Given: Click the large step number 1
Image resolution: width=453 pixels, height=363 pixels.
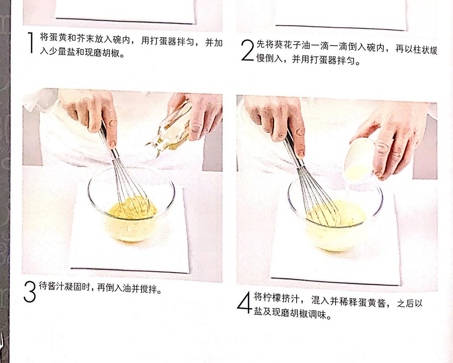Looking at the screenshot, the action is (x=30, y=42).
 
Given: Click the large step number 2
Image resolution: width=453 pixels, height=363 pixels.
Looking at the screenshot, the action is (x=248, y=50).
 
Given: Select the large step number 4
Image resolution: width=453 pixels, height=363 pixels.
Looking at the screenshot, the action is (x=244, y=302).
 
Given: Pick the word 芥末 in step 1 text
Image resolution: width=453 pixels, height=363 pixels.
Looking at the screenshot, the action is (x=86, y=39).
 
